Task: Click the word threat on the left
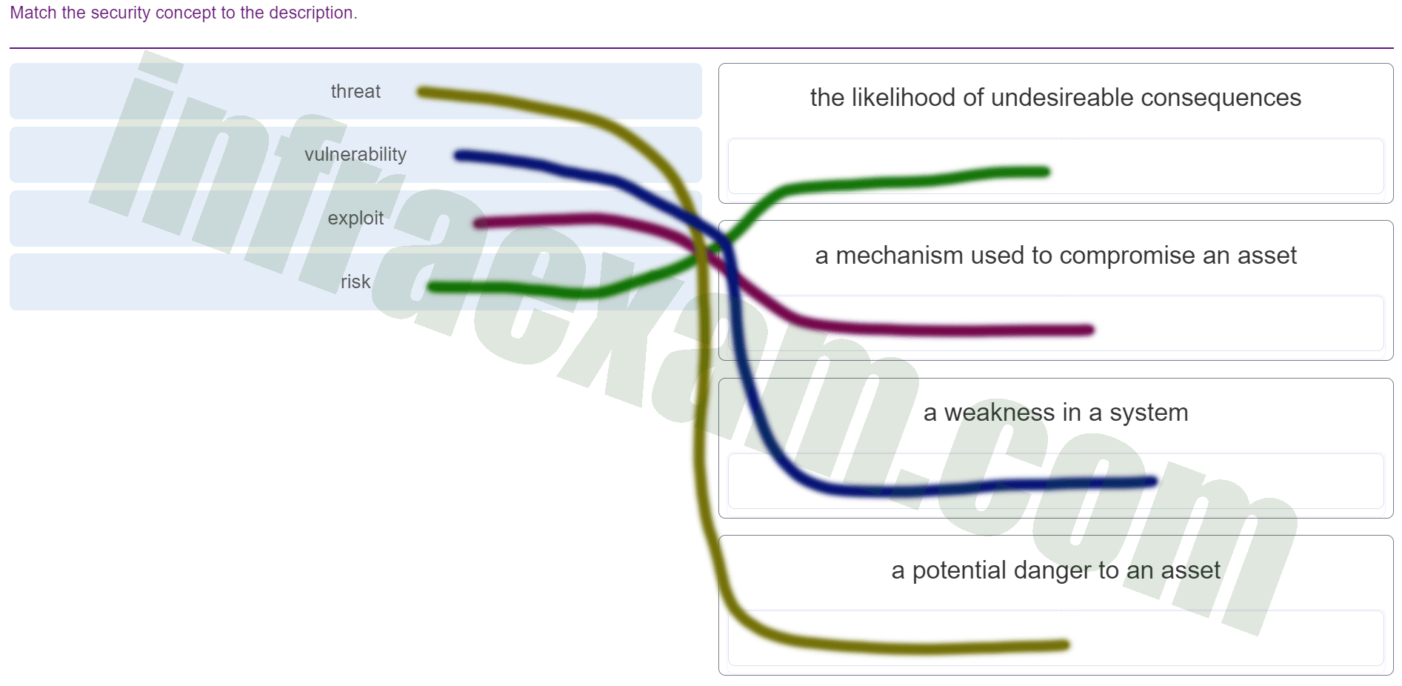(x=355, y=91)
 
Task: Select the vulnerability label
(x=355, y=154)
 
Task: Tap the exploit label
(x=355, y=218)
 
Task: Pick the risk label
(x=355, y=282)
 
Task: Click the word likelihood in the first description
(x=903, y=97)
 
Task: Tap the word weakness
(x=999, y=412)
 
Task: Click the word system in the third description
(x=1149, y=412)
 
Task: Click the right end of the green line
(x=1046, y=172)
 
